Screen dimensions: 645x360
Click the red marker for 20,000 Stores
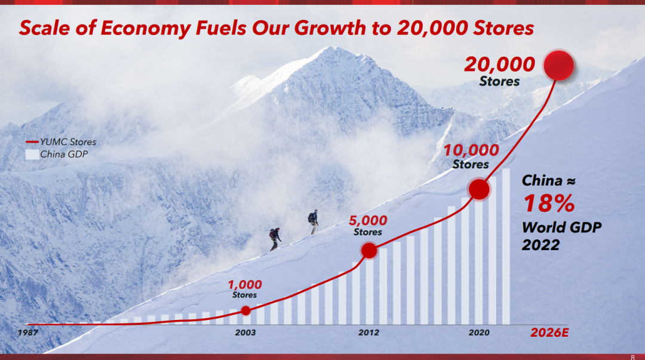point(558,66)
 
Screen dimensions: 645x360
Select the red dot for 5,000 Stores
point(369,251)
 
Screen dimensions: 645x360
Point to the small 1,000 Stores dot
point(245,310)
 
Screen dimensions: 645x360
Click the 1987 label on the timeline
point(27,333)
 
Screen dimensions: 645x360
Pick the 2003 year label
point(245,333)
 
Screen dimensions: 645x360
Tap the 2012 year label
point(368,333)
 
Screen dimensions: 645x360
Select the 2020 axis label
point(479,333)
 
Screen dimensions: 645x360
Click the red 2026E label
point(549,333)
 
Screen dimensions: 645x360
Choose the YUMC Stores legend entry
point(61,142)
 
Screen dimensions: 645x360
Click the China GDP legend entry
point(57,154)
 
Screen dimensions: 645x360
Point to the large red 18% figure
point(549,203)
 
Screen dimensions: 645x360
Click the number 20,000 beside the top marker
point(499,64)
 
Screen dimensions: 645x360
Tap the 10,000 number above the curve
point(471,150)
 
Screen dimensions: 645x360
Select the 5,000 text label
point(368,220)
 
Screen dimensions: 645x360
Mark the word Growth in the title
point(330,27)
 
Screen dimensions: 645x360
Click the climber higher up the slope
point(314,222)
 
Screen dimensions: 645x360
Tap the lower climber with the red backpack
point(275,239)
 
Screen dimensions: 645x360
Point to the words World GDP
point(562,227)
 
